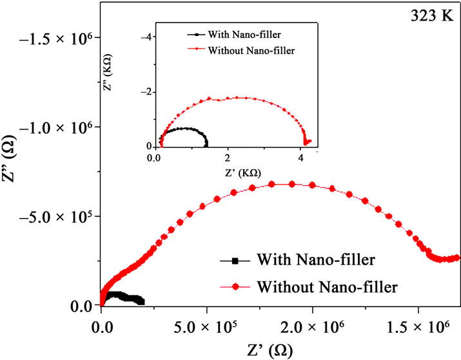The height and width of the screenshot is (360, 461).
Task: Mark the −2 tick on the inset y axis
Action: [x=145, y=91]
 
